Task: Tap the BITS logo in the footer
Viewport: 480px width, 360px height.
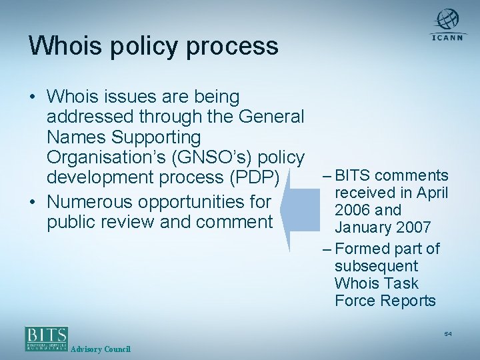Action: [46, 337]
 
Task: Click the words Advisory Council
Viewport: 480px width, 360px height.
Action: [100, 349]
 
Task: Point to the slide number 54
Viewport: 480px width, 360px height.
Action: [448, 333]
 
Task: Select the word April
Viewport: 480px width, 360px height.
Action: [430, 193]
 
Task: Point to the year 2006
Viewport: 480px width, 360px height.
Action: [353, 211]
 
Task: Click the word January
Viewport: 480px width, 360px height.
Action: [362, 228]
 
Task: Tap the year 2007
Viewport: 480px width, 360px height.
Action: [413, 228]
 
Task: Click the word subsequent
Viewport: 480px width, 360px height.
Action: [376, 266]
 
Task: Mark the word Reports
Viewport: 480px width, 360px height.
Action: [408, 301]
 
